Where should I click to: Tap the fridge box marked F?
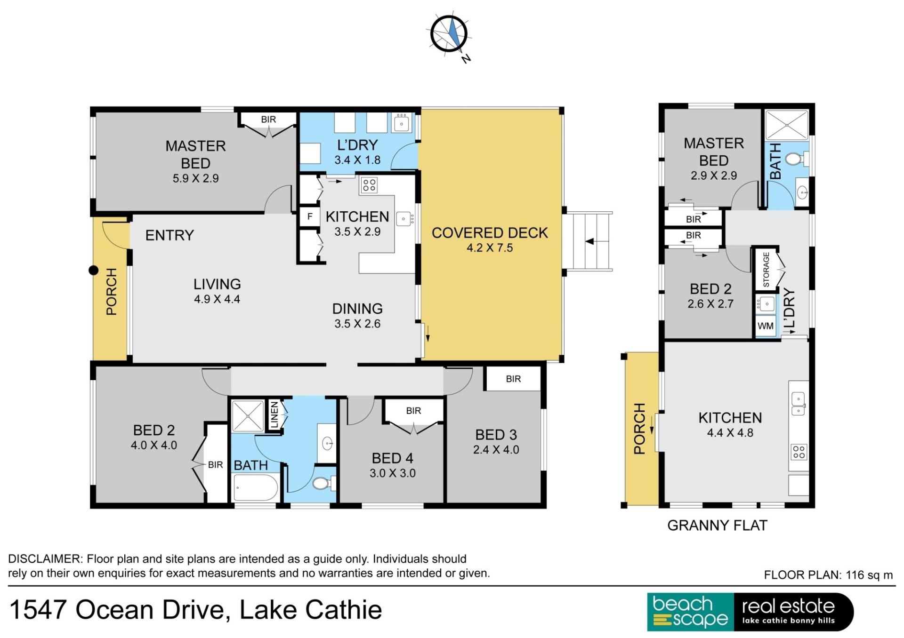(x=309, y=216)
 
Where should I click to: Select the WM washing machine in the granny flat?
(x=766, y=326)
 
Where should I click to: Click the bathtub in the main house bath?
(x=256, y=488)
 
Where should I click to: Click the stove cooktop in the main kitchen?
(x=369, y=185)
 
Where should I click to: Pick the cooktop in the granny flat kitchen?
(x=799, y=452)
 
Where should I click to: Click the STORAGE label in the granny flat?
(x=766, y=270)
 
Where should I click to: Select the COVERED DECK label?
(x=490, y=233)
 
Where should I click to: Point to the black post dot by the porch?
(x=94, y=270)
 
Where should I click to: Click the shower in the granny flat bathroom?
(x=787, y=125)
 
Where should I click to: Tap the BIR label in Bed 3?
(x=513, y=379)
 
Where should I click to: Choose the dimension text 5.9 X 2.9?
(x=195, y=178)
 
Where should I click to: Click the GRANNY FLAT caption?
(x=717, y=525)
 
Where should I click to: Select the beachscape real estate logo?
(x=751, y=612)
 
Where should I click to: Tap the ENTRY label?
(x=169, y=235)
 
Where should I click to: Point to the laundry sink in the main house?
(x=401, y=123)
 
